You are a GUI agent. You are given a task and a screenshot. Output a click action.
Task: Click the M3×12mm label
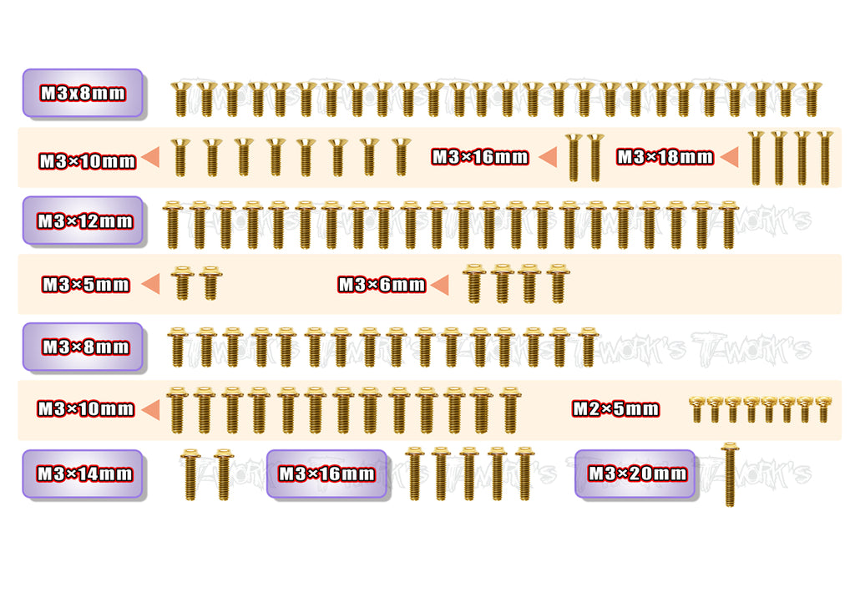(x=85, y=221)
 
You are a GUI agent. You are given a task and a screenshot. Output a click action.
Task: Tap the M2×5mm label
(x=615, y=408)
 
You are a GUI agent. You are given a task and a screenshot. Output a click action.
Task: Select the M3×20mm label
(x=637, y=473)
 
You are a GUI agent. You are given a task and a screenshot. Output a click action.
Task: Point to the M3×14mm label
(x=84, y=473)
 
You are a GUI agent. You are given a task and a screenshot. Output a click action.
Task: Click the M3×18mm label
(x=665, y=157)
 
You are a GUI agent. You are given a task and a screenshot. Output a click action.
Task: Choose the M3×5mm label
(x=86, y=284)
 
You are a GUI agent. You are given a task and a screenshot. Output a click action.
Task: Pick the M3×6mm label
(x=382, y=284)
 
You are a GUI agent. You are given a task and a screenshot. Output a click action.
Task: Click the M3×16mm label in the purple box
(x=326, y=473)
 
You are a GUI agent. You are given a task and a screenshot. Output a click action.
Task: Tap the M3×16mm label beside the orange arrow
(x=480, y=157)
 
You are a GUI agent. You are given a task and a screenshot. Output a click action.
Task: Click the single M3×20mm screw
(x=730, y=474)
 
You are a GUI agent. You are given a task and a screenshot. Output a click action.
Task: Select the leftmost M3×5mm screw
(x=181, y=283)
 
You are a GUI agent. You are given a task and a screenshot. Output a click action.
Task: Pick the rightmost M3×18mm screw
(x=824, y=158)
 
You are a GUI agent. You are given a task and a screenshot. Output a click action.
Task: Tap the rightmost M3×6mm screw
(x=558, y=283)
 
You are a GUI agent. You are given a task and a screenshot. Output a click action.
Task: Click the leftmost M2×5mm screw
(x=696, y=410)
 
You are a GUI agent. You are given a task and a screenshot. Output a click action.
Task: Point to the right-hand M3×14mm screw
(x=223, y=474)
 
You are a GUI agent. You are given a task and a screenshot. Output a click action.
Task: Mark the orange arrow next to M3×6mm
(x=440, y=285)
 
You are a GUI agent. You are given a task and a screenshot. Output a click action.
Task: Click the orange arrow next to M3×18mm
(x=730, y=157)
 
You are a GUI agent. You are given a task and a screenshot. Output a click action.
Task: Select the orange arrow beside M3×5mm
(x=151, y=284)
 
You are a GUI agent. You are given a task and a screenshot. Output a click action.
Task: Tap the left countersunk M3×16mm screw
(x=573, y=157)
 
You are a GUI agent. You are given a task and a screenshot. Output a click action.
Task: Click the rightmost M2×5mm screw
(x=823, y=410)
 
